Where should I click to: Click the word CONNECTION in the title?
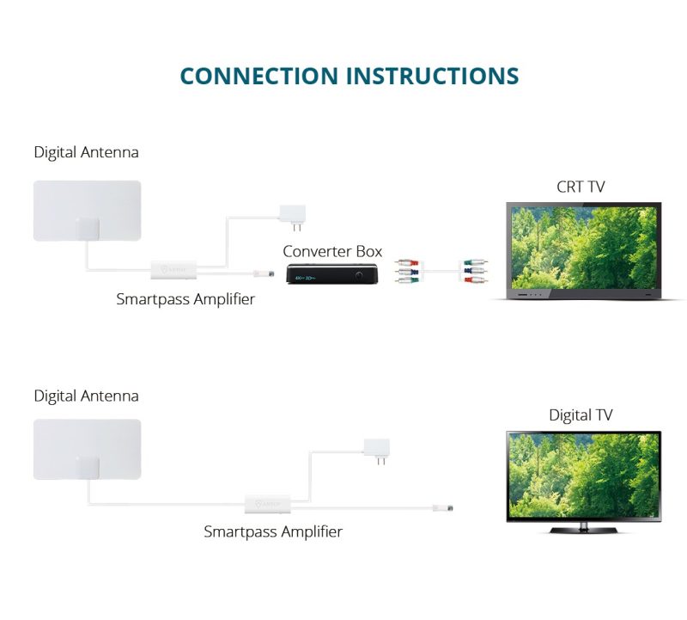[259, 75]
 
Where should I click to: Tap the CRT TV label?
[581, 187]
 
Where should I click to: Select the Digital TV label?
[581, 415]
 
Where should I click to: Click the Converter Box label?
[332, 251]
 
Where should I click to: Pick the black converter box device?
[331, 276]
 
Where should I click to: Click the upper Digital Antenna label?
[86, 152]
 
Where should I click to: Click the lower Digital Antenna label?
[86, 396]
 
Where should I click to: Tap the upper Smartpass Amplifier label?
[185, 299]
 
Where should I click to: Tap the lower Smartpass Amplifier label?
[273, 531]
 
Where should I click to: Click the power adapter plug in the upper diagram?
[294, 215]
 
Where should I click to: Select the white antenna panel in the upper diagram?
[86, 210]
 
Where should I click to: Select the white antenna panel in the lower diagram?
[86, 449]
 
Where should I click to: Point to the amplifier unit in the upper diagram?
[173, 270]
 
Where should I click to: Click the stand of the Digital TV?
[583, 526]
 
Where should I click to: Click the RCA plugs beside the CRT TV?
[471, 273]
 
